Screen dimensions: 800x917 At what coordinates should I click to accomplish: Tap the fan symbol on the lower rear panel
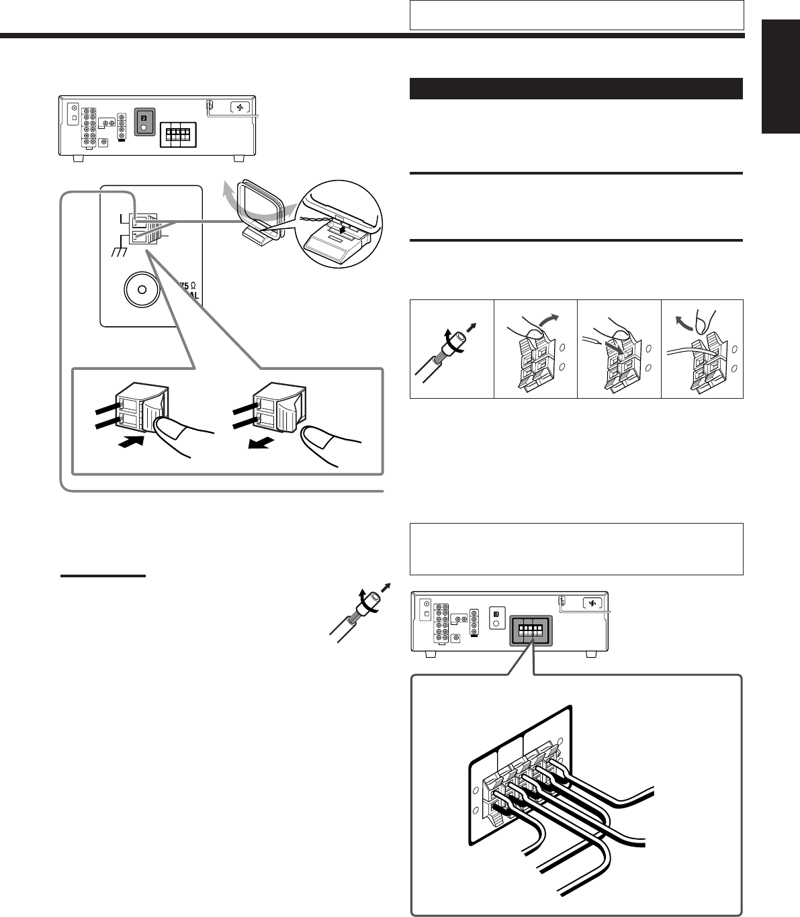point(592,603)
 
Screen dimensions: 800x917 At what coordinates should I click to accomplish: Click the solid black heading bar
point(576,89)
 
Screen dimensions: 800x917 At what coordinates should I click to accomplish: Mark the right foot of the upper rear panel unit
point(239,159)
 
